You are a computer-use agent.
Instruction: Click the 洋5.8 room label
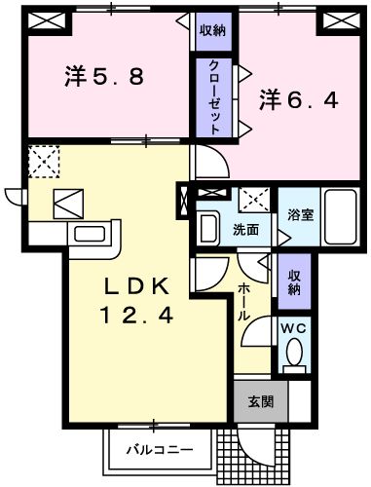(104, 76)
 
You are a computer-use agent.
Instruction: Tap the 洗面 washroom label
(245, 230)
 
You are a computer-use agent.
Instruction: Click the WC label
(293, 328)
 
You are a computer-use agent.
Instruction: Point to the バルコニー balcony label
(158, 450)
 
